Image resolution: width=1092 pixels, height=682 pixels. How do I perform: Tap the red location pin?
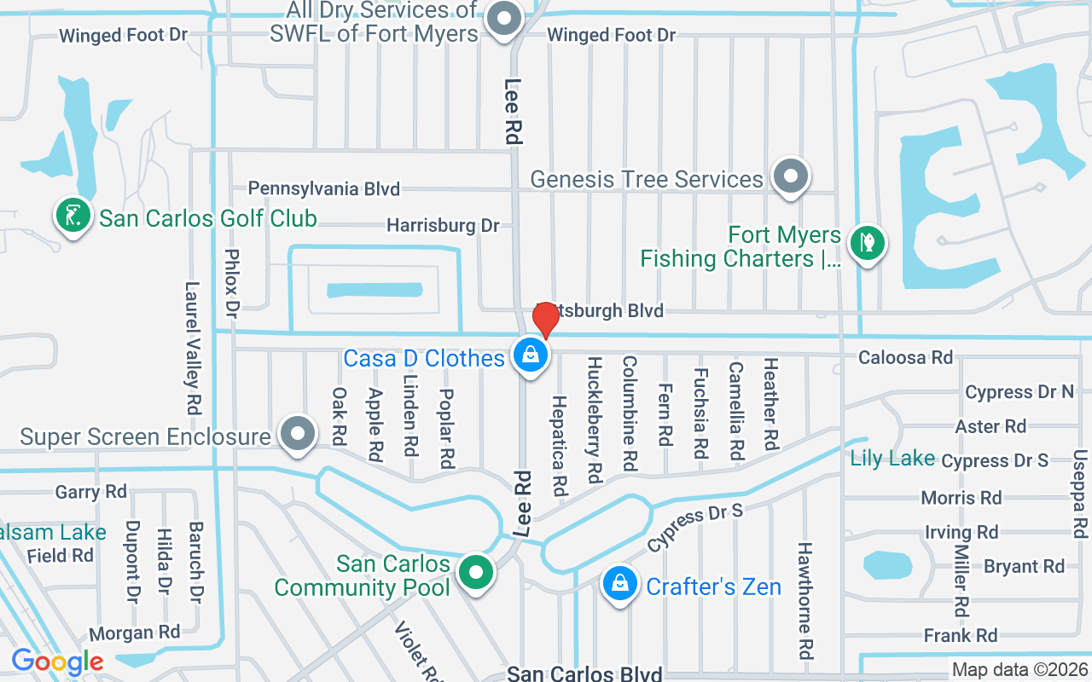545,320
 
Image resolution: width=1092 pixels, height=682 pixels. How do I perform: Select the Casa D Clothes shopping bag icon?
531,355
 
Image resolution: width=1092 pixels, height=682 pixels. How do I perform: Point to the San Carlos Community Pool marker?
476,572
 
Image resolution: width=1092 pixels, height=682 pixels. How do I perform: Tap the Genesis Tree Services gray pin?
790,176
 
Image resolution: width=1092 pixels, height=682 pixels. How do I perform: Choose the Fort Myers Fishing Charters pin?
868,242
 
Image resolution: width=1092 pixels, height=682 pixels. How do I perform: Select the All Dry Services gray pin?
504,19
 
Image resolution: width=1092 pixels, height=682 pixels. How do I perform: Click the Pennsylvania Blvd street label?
324,188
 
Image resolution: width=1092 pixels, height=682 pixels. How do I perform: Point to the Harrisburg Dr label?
443,226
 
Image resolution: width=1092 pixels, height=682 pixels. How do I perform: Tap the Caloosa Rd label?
905,357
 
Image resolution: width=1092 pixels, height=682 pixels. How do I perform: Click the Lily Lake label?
892,458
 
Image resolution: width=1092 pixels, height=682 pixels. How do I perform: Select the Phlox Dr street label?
231,279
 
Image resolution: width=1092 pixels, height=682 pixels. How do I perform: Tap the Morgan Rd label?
135,633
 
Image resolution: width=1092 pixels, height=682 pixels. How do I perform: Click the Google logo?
57,662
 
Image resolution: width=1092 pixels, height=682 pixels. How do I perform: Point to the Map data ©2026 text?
1019,670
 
